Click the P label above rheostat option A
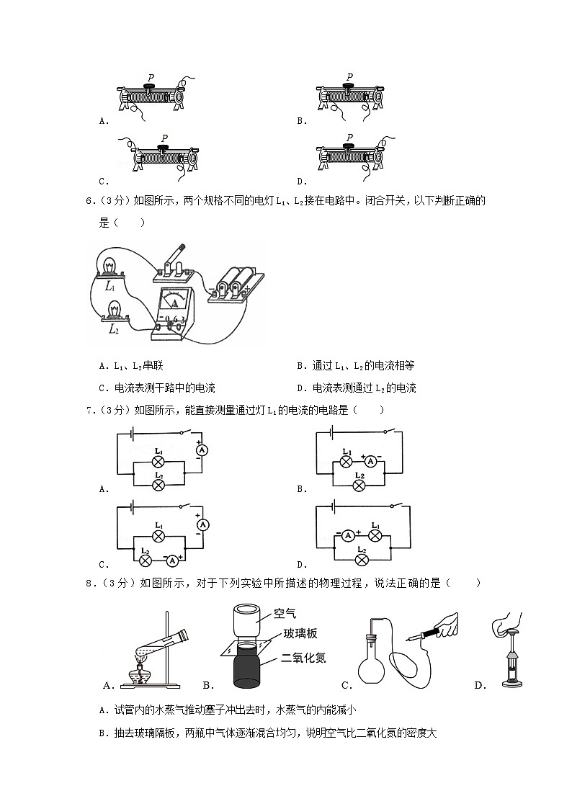point(151,76)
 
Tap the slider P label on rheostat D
point(349,137)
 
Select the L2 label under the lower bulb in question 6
point(113,328)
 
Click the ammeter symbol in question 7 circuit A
point(202,450)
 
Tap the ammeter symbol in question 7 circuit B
point(370,461)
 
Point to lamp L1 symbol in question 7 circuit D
point(375,535)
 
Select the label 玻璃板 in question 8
point(300,633)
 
